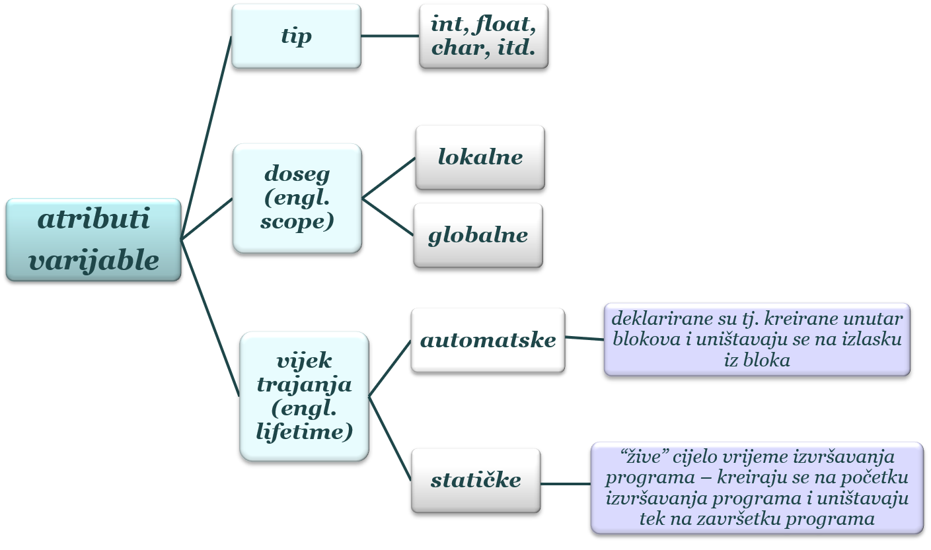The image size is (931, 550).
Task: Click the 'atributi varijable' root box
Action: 93,240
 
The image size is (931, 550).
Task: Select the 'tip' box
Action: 296,36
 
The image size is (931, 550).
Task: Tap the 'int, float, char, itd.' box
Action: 483,36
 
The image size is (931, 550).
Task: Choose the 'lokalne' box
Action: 480,157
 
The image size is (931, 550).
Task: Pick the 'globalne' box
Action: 478,235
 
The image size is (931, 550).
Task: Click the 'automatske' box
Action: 488,340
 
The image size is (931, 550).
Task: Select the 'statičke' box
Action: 475,480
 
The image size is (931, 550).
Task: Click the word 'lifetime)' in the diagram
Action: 303,432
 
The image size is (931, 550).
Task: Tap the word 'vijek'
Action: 304,361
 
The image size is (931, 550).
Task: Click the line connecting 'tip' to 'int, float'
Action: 390,36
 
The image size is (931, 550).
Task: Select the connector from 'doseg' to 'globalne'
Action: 388,217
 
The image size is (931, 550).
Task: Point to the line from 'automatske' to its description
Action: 584,339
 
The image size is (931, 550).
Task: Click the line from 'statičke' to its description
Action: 565,484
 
